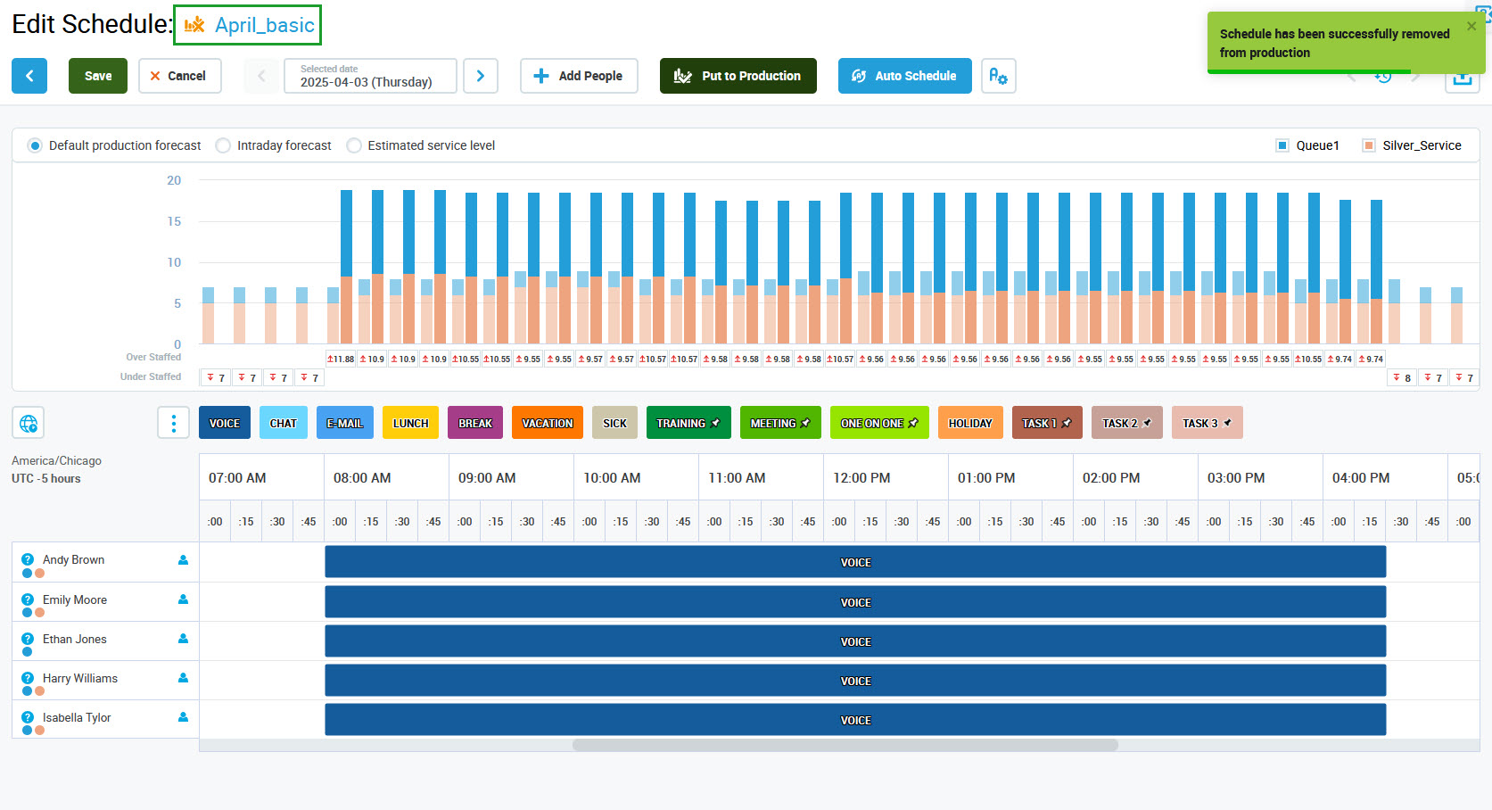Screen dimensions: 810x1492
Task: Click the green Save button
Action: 98,76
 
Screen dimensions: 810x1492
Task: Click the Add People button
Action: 579,76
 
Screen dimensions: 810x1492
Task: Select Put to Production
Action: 738,76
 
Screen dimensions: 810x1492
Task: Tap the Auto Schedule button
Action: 904,76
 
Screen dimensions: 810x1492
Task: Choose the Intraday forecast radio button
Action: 224,145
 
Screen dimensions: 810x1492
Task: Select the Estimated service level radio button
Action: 355,145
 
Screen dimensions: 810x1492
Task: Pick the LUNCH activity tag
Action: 410,423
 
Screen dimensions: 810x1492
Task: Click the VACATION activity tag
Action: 547,423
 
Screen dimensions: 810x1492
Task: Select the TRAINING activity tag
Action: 688,423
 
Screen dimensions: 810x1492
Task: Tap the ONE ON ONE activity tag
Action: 878,423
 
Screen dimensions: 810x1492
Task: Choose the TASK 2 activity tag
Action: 1126,423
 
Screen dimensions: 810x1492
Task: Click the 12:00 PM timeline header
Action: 861,478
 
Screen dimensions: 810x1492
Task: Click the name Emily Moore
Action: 75,599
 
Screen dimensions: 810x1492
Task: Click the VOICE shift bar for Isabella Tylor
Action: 854,720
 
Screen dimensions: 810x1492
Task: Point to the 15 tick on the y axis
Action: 174,221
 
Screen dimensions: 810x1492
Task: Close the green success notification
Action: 1471,26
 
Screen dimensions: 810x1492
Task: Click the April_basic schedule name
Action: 264,25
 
